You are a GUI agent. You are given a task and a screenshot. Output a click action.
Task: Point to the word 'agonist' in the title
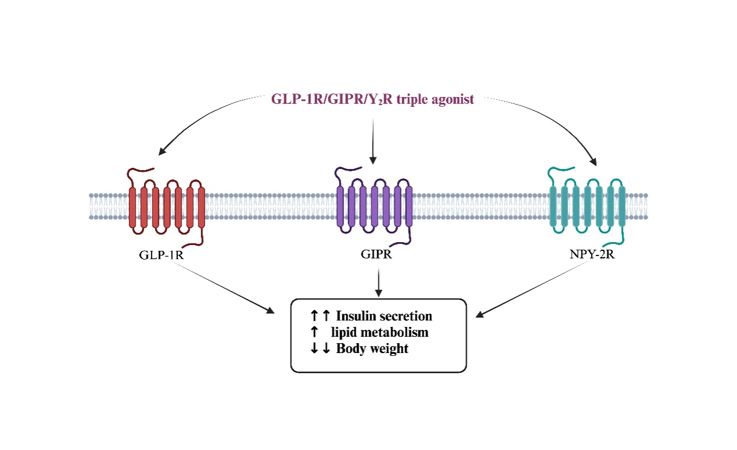pyautogui.click(x=453, y=100)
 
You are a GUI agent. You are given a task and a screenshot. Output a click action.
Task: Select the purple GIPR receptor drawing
pyautogui.click(x=374, y=206)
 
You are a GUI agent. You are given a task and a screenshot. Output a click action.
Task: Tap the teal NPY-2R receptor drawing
pyautogui.click(x=587, y=206)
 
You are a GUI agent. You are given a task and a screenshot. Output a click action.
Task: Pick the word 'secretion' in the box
pyautogui.click(x=405, y=316)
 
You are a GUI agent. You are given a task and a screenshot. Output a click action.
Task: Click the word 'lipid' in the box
pyautogui.click(x=343, y=332)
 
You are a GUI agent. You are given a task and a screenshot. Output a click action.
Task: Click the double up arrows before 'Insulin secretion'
pyautogui.click(x=320, y=316)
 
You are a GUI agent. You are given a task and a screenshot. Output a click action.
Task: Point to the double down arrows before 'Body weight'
pyautogui.click(x=320, y=349)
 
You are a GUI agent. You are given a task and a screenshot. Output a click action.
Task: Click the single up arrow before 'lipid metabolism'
pyautogui.click(x=314, y=332)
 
